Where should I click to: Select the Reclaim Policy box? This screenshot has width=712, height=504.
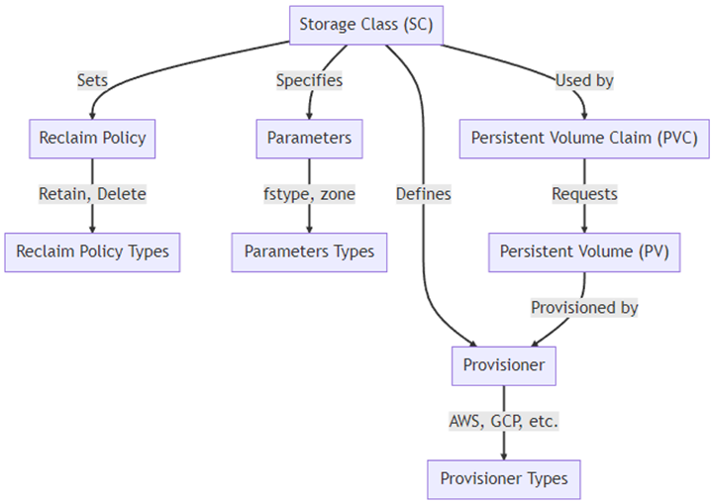pos(92,138)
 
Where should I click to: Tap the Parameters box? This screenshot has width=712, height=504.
pos(309,138)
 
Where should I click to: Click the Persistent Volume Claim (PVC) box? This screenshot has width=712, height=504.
pos(584,138)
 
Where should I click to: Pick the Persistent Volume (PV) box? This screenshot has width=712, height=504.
pos(584,252)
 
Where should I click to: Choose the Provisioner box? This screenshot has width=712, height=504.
pos(503,365)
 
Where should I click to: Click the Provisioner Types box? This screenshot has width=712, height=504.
pos(503,478)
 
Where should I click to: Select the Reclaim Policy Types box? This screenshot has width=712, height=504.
pos(92,252)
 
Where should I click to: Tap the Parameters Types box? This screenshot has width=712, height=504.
pos(309,252)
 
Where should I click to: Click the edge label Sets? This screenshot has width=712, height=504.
pos(92,80)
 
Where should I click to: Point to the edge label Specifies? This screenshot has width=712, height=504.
pos(309,80)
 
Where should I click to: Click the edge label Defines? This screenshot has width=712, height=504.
pos(423,194)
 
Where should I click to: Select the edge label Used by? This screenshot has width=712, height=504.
pos(584,80)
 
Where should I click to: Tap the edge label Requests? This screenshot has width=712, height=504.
pos(584,194)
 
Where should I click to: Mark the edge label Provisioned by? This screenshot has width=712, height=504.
pos(584,308)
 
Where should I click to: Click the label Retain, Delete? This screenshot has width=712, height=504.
pos(92,194)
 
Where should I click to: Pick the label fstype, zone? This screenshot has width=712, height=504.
pos(309,194)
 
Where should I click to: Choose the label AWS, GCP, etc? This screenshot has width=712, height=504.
pos(503,422)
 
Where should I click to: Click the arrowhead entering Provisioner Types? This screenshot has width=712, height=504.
pos(503,454)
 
